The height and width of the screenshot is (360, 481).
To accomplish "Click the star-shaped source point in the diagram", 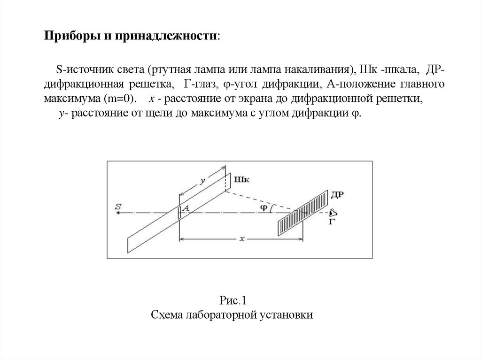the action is coord(118,213).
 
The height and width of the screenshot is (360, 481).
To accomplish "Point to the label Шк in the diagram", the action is coord(240,179).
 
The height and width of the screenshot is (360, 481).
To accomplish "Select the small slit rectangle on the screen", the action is coord(179,212).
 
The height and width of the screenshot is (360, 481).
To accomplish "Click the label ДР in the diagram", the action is coord(337,195).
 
